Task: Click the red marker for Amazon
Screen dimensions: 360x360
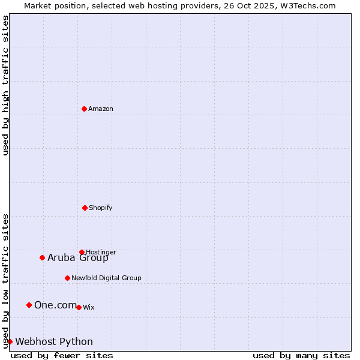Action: tap(84, 109)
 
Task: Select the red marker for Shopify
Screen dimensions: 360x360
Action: tap(85, 208)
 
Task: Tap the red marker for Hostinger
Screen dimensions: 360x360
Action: tap(82, 252)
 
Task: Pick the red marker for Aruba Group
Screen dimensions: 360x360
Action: tap(42, 257)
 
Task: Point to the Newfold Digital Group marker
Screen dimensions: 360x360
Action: tap(67, 278)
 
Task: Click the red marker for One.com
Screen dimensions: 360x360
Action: tap(29, 305)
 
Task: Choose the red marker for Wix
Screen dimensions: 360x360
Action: tap(79, 307)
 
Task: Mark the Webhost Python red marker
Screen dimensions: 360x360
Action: tap(10, 341)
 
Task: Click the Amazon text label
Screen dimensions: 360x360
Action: tap(101, 109)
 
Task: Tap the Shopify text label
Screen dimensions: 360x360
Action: tap(101, 208)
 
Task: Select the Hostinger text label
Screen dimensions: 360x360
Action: tap(101, 252)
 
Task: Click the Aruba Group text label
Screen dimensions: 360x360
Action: tap(78, 258)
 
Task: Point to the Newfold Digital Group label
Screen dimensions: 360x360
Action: tap(106, 278)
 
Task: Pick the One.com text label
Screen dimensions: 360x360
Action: tap(55, 305)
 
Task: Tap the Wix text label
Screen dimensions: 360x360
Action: tap(89, 307)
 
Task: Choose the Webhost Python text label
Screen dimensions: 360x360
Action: tap(54, 342)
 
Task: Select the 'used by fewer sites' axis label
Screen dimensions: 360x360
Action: tap(62, 355)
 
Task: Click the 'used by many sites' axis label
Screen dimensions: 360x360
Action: tap(301, 355)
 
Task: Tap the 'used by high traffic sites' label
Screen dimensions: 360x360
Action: tap(5, 85)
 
